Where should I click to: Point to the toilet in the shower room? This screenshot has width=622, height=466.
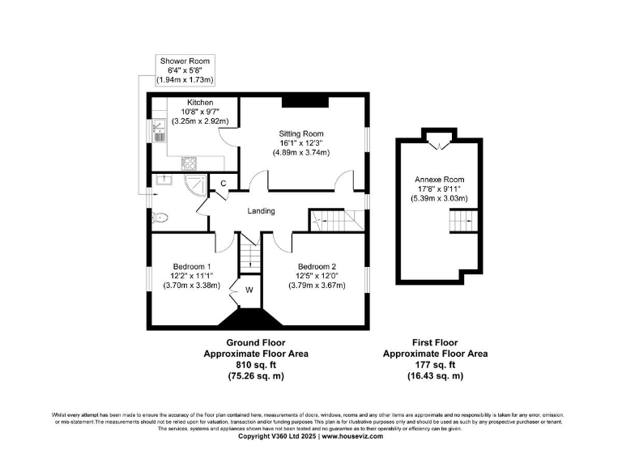click(160, 217)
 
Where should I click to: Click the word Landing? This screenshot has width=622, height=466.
click(261, 211)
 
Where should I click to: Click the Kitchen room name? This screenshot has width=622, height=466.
click(200, 103)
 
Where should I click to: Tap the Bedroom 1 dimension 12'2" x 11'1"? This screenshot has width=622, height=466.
click(192, 276)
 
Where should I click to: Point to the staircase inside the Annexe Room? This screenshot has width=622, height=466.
click(462, 221)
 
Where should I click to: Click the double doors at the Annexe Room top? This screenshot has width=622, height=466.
click(440, 145)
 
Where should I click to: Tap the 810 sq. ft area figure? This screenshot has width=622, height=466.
click(255, 365)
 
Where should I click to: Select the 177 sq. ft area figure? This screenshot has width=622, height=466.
click(435, 365)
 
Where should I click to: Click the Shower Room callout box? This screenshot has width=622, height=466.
click(185, 70)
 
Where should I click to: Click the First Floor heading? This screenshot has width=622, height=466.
click(435, 342)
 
